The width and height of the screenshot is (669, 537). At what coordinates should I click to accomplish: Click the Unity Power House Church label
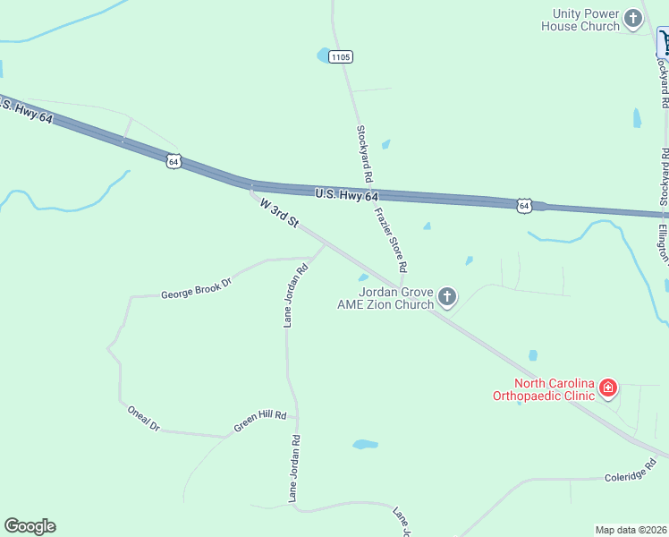(580, 20)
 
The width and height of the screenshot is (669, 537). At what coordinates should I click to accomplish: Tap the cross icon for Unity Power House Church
(633, 18)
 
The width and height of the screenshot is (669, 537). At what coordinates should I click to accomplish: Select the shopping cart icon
(664, 42)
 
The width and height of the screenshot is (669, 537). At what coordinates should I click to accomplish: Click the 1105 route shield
(340, 56)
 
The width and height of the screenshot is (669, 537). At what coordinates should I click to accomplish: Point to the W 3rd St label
(278, 213)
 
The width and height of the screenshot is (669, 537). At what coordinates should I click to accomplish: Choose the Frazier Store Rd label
(391, 240)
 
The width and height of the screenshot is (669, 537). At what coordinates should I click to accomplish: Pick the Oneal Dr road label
(143, 418)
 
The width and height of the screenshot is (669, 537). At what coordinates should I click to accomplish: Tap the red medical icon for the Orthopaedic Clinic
(607, 388)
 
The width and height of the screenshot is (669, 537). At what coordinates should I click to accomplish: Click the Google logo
(30, 526)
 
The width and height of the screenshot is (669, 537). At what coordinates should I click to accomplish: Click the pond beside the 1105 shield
(322, 55)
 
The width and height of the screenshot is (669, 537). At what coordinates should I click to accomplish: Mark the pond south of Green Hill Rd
(365, 444)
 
